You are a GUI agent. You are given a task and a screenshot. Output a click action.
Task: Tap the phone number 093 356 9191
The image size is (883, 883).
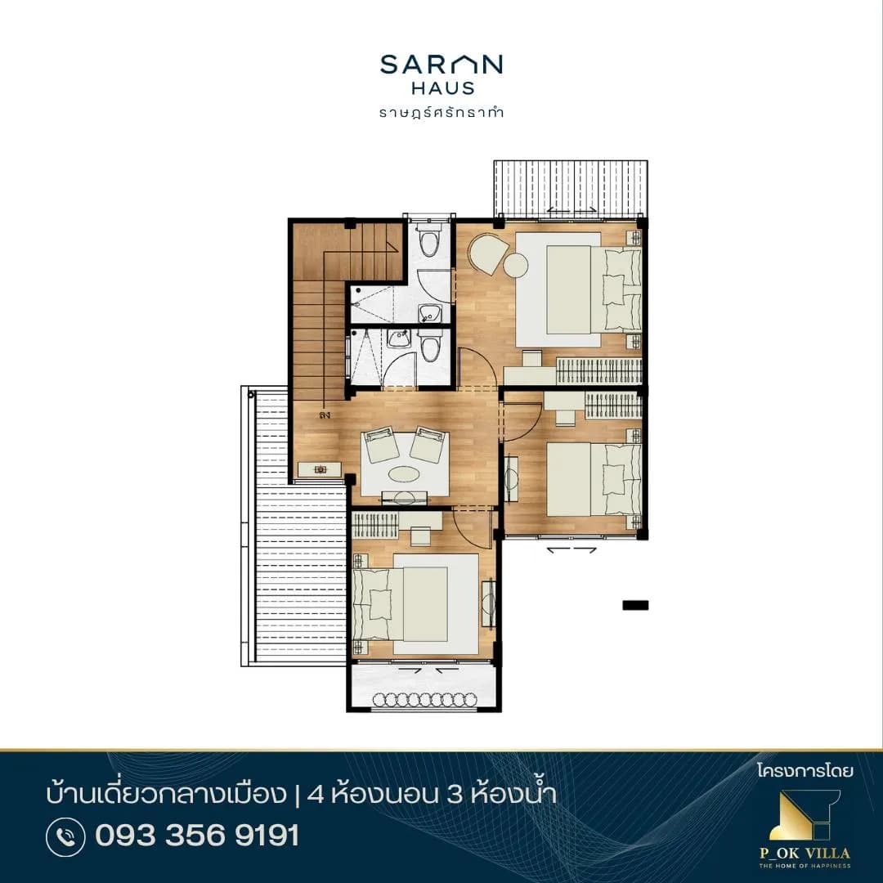coord(197,835)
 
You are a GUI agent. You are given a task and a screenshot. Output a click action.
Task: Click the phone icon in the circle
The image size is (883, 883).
coord(66,837)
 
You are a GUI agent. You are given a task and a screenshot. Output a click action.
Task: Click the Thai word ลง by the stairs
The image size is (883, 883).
coord(324,415)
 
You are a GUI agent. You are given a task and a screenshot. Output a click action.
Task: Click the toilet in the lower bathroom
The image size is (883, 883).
coord(430,345)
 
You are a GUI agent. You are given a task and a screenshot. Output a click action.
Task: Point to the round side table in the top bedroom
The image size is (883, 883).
coord(515,265)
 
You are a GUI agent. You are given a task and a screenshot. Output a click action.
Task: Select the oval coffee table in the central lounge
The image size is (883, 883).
coord(405,473)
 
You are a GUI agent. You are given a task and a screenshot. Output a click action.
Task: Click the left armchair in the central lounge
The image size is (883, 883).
coord(381,444)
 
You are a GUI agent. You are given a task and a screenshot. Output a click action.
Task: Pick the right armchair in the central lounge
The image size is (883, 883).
coord(428,444)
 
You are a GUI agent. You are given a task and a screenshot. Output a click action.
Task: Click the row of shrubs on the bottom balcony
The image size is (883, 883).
coord(424,699)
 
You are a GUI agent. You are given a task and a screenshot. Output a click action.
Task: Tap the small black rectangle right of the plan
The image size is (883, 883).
coord(635,605)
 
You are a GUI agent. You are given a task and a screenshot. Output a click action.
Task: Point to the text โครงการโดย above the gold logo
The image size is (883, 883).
coord(805,770)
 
